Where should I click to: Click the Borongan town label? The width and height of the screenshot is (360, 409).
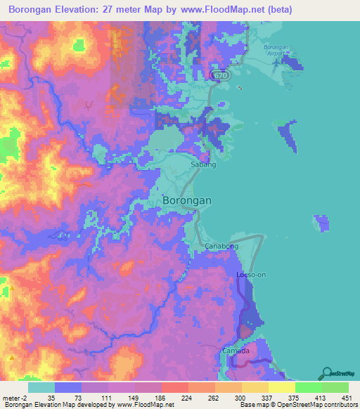tap(187, 200)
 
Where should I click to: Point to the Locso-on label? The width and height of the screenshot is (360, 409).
tap(252, 274)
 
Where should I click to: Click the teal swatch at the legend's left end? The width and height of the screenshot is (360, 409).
tap(41, 387)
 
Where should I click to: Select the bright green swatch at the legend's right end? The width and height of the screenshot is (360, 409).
tap(335, 387)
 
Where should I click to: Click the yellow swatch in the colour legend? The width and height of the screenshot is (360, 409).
tap(282, 387)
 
